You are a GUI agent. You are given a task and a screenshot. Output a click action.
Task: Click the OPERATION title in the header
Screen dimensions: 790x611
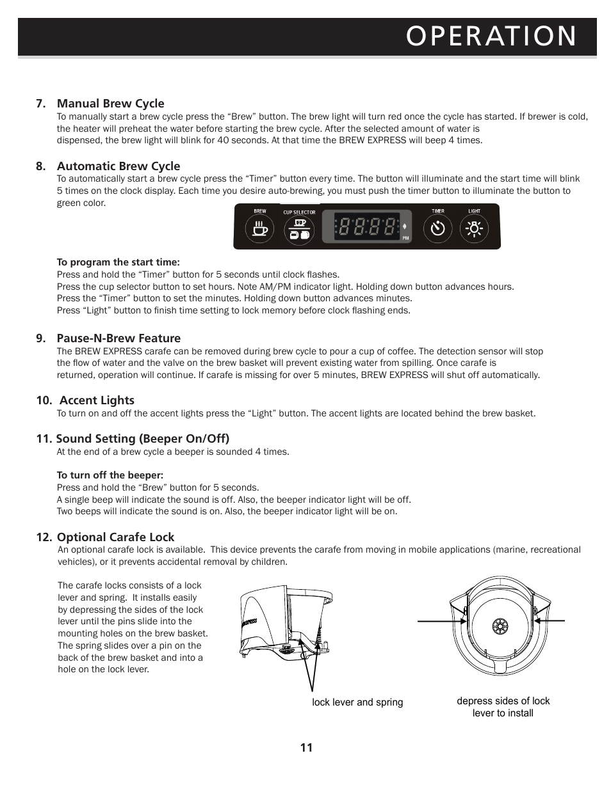pyautogui.click(x=491, y=36)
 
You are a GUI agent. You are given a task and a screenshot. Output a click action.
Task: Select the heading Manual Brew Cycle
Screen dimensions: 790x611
pyautogui.click(x=110, y=104)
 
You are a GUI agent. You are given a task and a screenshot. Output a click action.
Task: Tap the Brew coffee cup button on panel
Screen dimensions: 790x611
pyautogui.click(x=259, y=229)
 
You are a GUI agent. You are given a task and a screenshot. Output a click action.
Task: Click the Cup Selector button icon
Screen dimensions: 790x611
pyautogui.click(x=299, y=229)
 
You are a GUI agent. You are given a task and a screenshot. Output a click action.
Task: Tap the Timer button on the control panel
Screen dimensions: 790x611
pyautogui.click(x=438, y=228)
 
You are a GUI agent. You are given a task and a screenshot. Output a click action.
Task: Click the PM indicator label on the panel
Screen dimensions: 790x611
pyautogui.click(x=405, y=238)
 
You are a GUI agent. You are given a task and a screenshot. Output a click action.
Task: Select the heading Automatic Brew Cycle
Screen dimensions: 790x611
pyautogui.click(x=118, y=166)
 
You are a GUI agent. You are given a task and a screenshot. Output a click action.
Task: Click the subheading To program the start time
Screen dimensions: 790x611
pyautogui.click(x=118, y=262)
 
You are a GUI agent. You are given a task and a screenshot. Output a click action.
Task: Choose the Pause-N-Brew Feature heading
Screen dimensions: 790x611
pyautogui.click(x=118, y=338)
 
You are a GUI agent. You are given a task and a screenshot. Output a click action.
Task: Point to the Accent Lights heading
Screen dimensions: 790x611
pyautogui.click(x=97, y=400)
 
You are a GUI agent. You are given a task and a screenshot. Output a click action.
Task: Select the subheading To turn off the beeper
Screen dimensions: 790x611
pyautogui.click(x=110, y=475)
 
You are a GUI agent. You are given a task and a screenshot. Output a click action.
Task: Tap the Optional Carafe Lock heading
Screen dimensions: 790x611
pyautogui.click(x=115, y=537)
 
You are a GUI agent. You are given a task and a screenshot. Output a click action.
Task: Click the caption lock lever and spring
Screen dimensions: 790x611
pyautogui.click(x=357, y=702)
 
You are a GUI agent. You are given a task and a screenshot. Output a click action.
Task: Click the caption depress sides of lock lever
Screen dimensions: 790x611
pyautogui.click(x=503, y=707)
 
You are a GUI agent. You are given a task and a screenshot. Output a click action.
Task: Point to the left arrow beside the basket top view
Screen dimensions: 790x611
pyautogui.click(x=441, y=620)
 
